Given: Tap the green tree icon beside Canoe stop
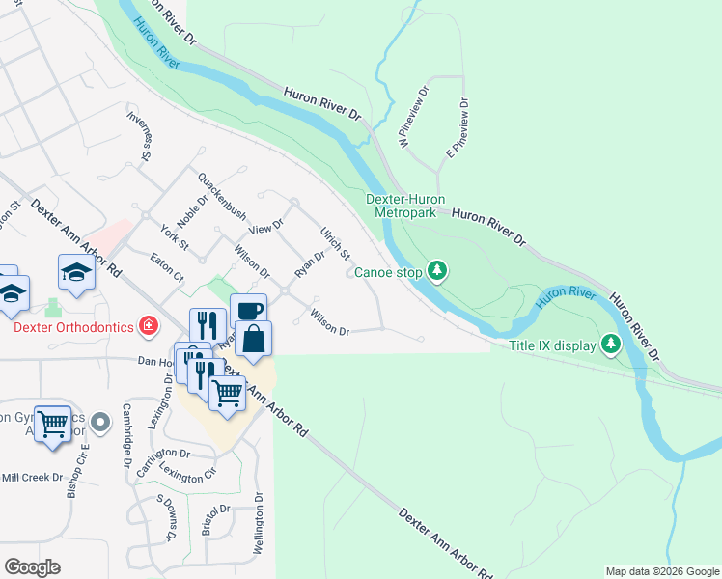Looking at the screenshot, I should click(438, 271).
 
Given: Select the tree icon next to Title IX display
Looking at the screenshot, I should click(610, 344).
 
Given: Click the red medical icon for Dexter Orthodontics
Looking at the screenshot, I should click(149, 326).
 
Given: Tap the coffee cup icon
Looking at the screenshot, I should click(248, 311).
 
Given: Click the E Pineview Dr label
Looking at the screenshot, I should click(457, 127).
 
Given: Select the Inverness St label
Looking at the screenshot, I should click(142, 134).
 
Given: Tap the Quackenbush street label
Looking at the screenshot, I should click(222, 196).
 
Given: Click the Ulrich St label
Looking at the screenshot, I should click(335, 242).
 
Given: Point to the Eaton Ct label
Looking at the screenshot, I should click(167, 267).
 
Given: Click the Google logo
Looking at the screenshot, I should click(32, 567).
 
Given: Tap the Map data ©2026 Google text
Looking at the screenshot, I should click(662, 571).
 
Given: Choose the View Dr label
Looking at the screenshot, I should click(265, 229).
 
